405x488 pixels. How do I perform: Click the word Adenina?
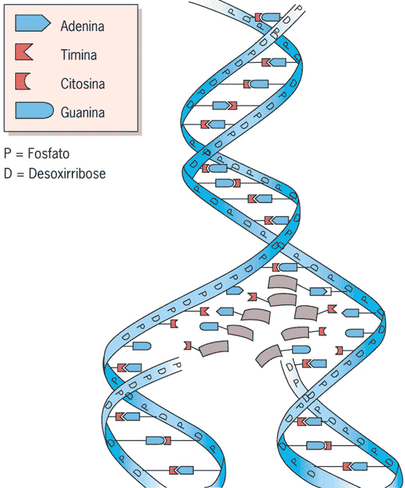tap(83, 27)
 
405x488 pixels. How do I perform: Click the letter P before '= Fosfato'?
tap(8, 155)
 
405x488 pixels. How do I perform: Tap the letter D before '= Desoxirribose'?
tap(8, 174)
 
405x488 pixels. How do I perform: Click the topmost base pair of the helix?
tap(267, 17)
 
